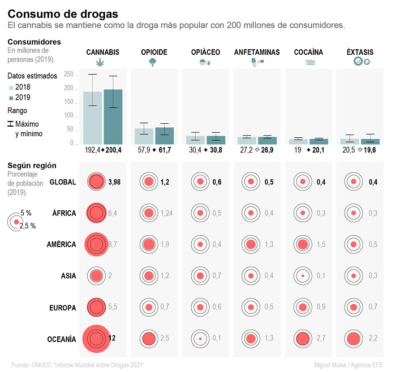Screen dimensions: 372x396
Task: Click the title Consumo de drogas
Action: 63,14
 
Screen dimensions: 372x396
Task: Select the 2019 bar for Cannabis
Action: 113,116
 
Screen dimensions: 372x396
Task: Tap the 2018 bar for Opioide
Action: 144,136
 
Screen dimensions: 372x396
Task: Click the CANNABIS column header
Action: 102,52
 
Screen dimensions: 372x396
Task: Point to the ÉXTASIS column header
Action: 360,52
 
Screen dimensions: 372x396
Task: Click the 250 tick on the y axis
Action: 68,75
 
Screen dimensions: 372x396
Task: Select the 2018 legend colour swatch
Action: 11,87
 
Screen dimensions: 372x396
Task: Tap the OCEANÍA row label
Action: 62,339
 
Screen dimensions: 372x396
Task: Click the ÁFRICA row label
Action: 64,213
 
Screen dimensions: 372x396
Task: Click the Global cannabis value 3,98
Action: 115,181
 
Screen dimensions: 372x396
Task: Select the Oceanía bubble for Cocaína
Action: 303,339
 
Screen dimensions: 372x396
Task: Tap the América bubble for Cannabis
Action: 96,245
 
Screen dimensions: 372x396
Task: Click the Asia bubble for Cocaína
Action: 303,276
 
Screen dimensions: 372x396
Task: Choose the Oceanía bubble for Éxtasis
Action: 354,339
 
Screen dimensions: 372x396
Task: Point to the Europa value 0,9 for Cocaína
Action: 321,307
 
